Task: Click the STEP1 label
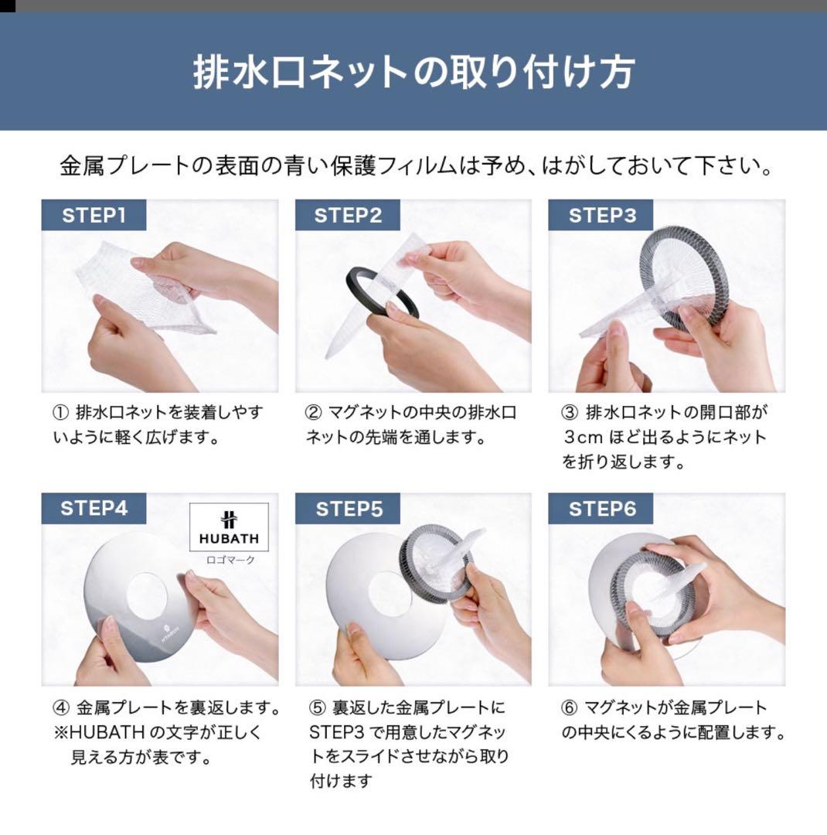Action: click(x=94, y=215)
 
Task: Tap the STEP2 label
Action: click(x=348, y=215)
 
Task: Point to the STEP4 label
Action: click(x=94, y=508)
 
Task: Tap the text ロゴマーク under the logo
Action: click(x=229, y=560)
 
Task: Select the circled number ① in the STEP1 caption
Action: click(x=61, y=413)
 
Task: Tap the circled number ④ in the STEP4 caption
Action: click(x=61, y=707)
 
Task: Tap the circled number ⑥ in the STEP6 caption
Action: click(x=569, y=707)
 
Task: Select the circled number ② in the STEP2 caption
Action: click(x=315, y=413)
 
